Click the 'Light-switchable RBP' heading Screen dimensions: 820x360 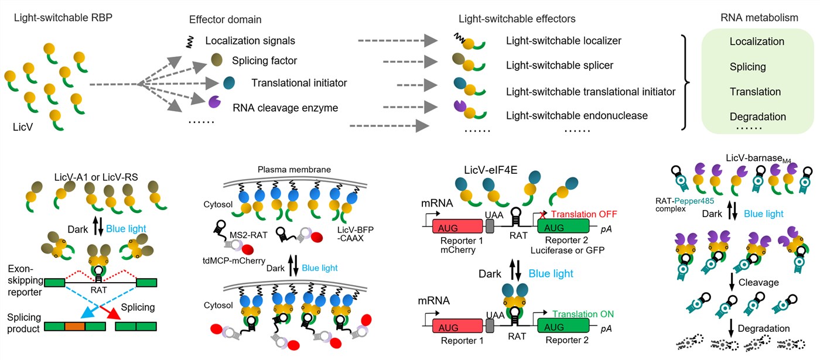pyautogui.click(x=63, y=18)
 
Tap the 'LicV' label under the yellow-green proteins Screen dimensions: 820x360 pyautogui.click(x=23, y=127)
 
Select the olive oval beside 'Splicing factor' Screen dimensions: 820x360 pyautogui.click(x=217, y=60)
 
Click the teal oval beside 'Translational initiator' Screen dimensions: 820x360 pyautogui.click(x=229, y=83)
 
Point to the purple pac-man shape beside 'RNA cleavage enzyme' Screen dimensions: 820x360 pyautogui.click(x=214, y=102)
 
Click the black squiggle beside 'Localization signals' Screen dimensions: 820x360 pyautogui.click(x=190, y=42)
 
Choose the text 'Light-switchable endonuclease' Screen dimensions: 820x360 pyautogui.click(x=576, y=116)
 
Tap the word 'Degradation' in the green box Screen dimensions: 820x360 pyautogui.click(x=758, y=116)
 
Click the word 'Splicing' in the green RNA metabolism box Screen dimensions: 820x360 pyautogui.click(x=747, y=67)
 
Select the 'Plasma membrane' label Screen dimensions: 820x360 pyautogui.click(x=294, y=169)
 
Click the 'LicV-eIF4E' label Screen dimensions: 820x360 pyautogui.click(x=491, y=170)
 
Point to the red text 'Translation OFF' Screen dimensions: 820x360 pyautogui.click(x=584, y=214)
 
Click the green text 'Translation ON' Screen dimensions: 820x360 pyautogui.click(x=583, y=314)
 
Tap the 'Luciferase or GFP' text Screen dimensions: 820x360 pyautogui.click(x=568, y=251)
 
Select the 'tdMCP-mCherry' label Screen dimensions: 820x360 pyautogui.click(x=234, y=260)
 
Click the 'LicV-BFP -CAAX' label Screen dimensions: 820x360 pyautogui.click(x=355, y=234)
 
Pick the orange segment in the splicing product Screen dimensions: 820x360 pyautogui.click(x=75, y=327)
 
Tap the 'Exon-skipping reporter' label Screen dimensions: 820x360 pyautogui.click(x=25, y=280)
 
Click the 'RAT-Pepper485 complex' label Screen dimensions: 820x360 pyautogui.click(x=685, y=205)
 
